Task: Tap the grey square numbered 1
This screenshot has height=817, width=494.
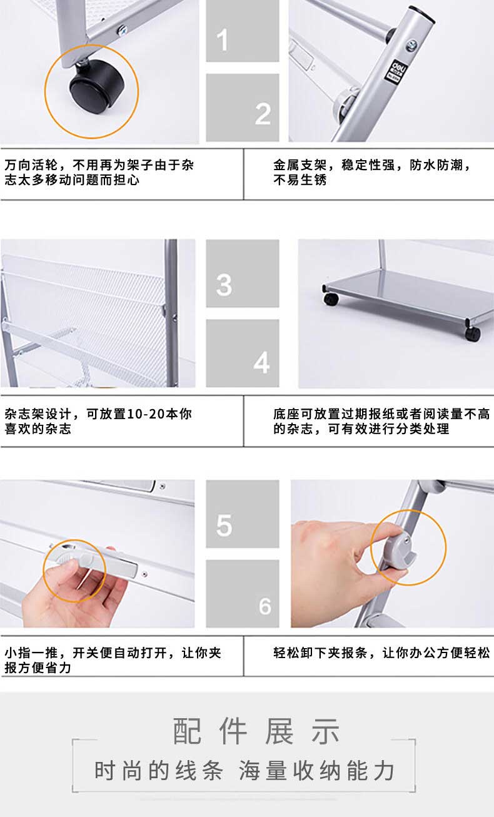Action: (243, 31)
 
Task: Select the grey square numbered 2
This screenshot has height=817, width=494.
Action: (243, 108)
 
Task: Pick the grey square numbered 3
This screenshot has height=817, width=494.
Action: (243, 273)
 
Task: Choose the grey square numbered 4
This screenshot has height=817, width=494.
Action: (243, 353)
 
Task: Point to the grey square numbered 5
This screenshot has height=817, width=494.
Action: (243, 514)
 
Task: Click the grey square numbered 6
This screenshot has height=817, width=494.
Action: (243, 594)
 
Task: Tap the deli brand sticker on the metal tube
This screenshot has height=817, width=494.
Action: (397, 71)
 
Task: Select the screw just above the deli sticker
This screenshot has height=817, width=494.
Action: (412, 45)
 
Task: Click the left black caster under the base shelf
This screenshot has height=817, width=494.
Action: (331, 299)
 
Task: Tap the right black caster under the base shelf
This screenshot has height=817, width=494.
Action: (473, 333)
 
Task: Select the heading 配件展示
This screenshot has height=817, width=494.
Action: (256, 731)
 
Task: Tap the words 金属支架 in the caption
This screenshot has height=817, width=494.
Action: (300, 165)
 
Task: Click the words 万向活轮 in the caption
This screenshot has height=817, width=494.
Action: (31, 165)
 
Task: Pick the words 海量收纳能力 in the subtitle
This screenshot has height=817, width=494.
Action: (316, 771)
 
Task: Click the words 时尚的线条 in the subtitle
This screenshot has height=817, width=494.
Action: (159, 771)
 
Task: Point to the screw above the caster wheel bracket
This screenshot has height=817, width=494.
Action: (122, 30)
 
